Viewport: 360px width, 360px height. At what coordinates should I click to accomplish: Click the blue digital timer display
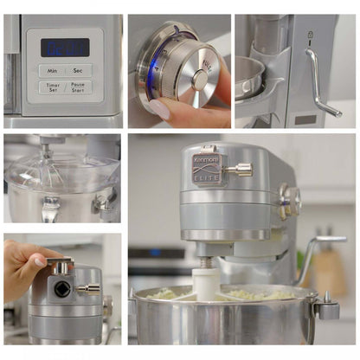click(x=65, y=48)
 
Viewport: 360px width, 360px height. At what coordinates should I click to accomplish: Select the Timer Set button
click(x=52, y=87)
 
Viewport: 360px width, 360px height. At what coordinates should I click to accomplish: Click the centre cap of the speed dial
click(x=200, y=80)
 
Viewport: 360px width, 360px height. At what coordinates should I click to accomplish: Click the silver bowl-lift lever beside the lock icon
click(x=319, y=82)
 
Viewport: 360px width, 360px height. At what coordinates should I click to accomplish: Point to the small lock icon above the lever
click(x=309, y=35)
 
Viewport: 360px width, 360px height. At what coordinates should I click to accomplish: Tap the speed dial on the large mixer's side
click(x=288, y=201)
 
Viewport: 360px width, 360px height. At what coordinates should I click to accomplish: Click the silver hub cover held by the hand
click(x=61, y=266)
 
